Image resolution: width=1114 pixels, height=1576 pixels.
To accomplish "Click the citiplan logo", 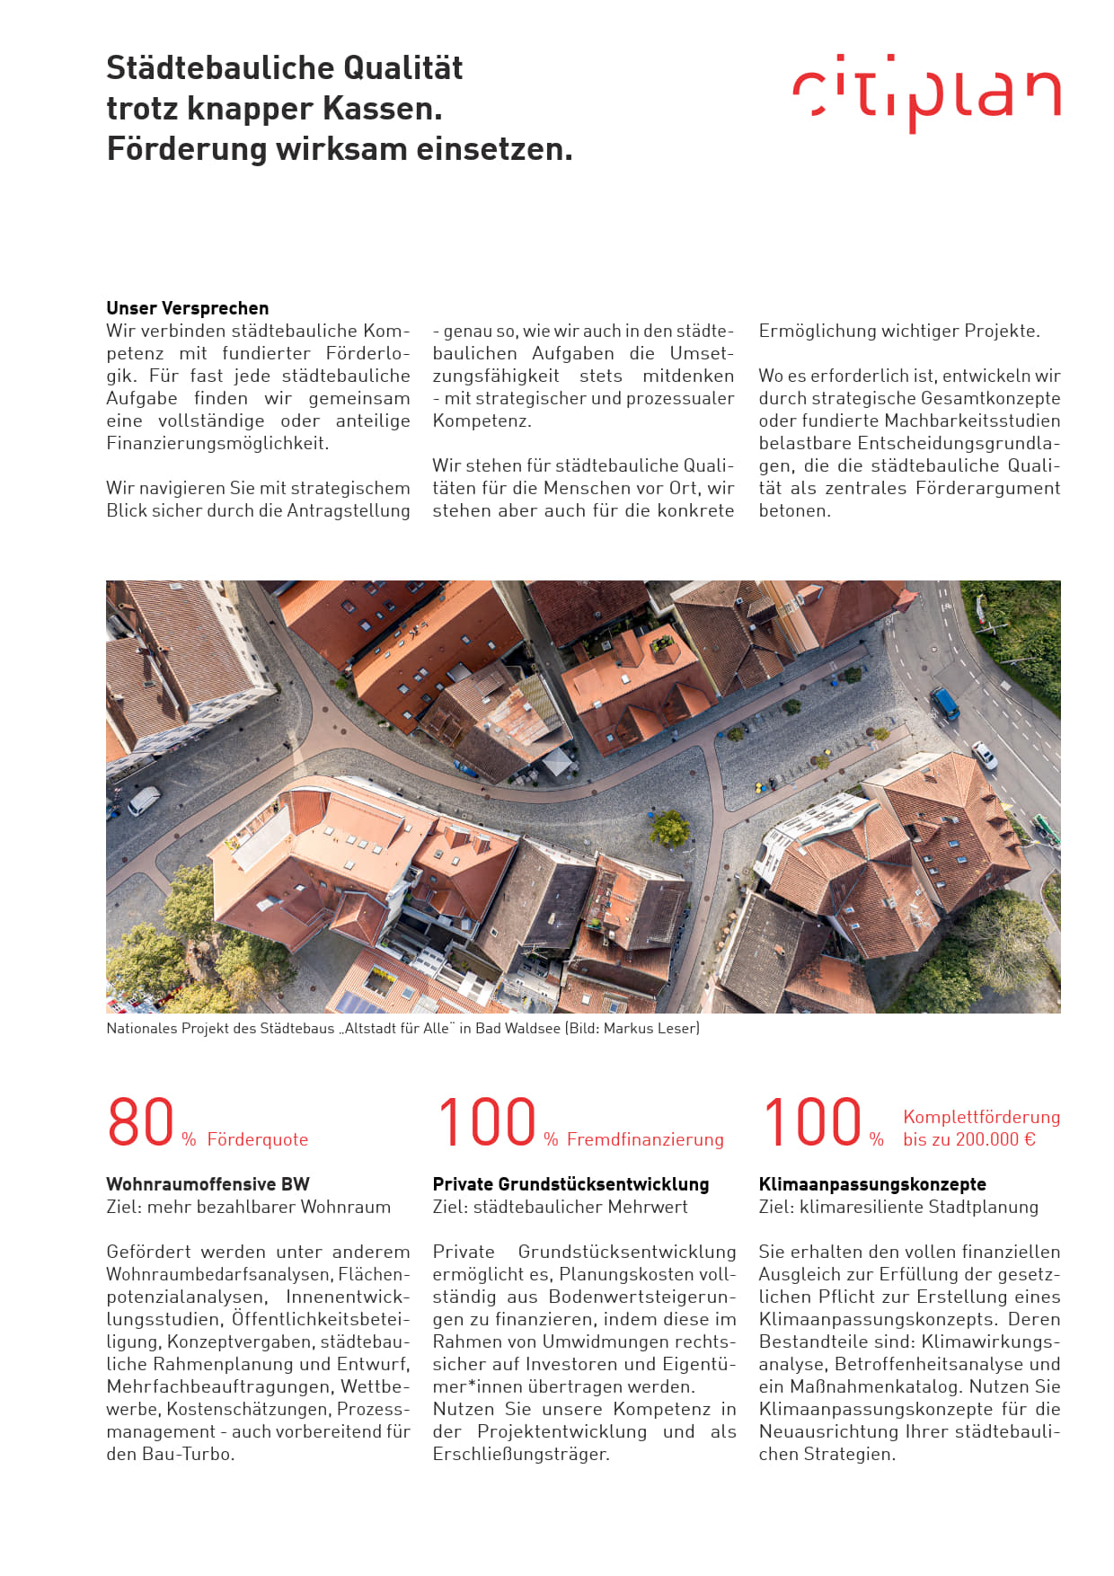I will click(x=926, y=93).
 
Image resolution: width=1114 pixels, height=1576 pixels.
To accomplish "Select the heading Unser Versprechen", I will click(x=187, y=308).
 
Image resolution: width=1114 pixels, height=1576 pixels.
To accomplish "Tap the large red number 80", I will click(x=140, y=1122).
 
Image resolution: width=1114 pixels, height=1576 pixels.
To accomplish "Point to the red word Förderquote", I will click(x=258, y=1139).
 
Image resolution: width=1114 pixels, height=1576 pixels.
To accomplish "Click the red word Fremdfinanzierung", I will click(x=645, y=1139).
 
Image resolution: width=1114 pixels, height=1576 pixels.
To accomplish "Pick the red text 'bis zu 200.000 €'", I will click(x=969, y=1139).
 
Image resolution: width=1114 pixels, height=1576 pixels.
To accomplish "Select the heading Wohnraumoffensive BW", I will click(x=208, y=1184).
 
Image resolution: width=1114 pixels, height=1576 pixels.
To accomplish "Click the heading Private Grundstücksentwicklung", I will click(x=570, y=1184).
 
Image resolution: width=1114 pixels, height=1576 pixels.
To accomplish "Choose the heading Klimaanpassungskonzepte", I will click(x=871, y=1184).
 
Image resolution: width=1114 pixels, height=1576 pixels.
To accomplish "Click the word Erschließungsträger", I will click(x=520, y=1454).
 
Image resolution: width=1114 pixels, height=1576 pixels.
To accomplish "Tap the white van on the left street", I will click(x=143, y=800).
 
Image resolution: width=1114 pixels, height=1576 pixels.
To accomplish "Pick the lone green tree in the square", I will click(x=670, y=828).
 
